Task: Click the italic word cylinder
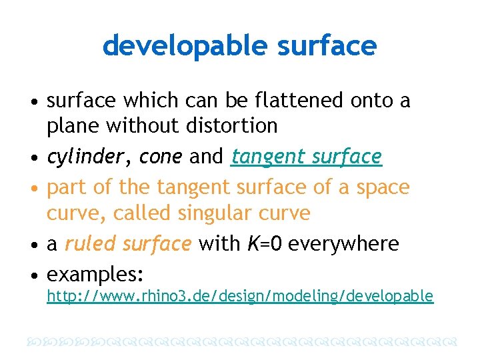pos(91,157)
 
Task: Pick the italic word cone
pos(161,157)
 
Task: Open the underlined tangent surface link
pos(306,157)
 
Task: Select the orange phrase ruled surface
pos(128,244)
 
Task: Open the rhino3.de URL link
pos(239,296)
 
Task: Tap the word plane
pos(71,125)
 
